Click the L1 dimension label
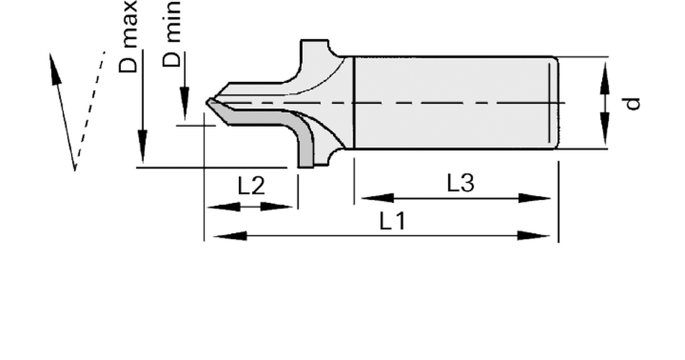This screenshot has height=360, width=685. (x=392, y=221)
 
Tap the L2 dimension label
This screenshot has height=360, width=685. (x=251, y=186)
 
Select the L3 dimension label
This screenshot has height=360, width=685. (x=461, y=183)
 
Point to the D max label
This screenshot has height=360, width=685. (x=128, y=36)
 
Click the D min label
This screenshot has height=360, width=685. (x=171, y=34)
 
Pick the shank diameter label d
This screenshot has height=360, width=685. (x=632, y=104)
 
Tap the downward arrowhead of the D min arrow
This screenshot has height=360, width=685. (x=185, y=104)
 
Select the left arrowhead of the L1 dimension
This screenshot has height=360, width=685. (x=230, y=236)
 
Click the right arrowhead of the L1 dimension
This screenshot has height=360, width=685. (x=533, y=236)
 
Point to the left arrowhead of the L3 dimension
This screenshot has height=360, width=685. (x=378, y=198)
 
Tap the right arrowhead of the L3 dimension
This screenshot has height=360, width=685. (x=535, y=198)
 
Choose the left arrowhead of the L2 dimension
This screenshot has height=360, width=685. (x=224, y=207)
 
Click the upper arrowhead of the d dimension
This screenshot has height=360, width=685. (x=604, y=78)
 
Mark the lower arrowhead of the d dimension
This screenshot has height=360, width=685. (x=604, y=128)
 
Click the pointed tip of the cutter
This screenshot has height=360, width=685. (x=207, y=102)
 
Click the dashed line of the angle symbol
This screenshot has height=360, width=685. (x=91, y=105)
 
